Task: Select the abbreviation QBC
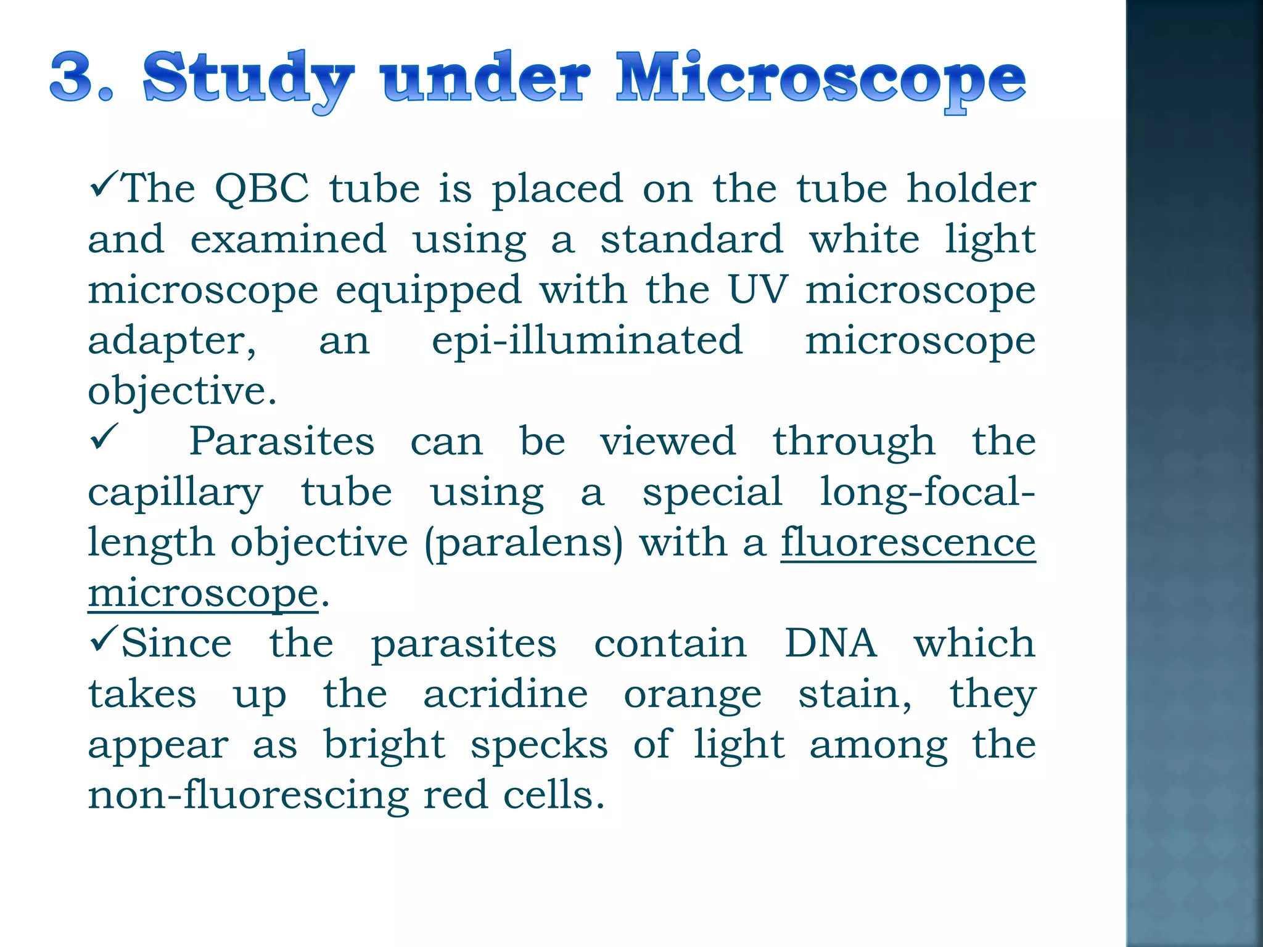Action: tap(261, 189)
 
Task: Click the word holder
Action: tap(971, 189)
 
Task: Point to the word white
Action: tap(864, 239)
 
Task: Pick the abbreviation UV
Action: tap(758, 290)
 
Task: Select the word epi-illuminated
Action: tap(587, 340)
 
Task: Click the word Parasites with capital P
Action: tap(282, 441)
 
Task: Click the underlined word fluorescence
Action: tap(908, 543)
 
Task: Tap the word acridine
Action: tap(506, 694)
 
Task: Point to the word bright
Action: tap(384, 745)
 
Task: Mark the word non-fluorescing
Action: tap(249, 795)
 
